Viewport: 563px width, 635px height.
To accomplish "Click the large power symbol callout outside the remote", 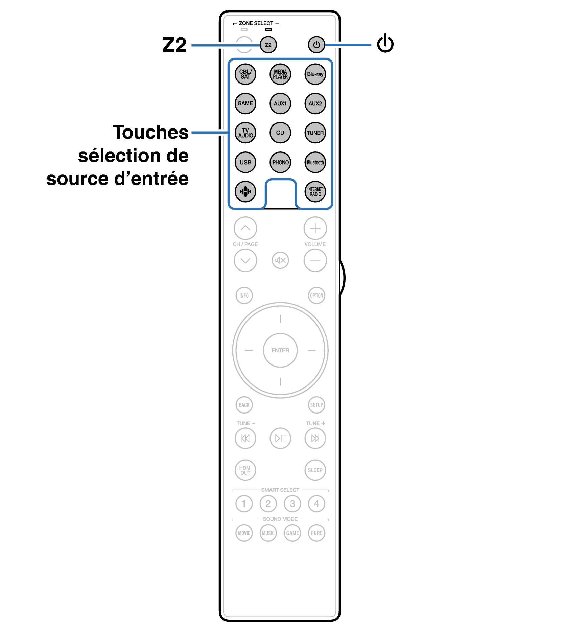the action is [385, 43].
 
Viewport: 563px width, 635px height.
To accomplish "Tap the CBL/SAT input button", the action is [245, 74].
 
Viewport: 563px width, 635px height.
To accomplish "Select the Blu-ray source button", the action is [315, 74].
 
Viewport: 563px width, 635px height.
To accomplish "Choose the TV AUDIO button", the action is [245, 133].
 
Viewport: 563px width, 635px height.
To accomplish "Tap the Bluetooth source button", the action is [315, 162].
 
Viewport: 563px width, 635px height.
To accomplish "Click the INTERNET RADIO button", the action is [315, 192].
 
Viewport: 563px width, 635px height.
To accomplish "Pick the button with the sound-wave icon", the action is [245, 192].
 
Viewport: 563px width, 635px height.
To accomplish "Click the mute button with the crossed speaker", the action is [280, 260].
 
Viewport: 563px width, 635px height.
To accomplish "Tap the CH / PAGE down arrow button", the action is [245, 260].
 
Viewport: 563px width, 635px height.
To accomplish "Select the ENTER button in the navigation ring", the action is [280, 350].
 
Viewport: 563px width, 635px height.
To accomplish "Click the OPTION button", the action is [316, 296].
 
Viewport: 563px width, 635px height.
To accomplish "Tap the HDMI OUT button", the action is [245, 470].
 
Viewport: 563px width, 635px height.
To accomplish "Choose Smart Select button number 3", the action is [292, 504].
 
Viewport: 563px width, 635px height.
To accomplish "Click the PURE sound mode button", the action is [316, 533].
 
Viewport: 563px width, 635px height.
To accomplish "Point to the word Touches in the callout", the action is [150, 132].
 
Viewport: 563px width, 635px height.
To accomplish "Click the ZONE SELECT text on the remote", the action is [256, 23].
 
